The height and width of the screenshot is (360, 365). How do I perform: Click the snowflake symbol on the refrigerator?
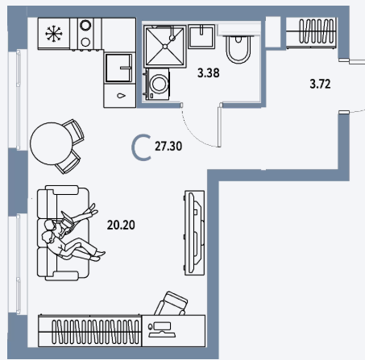point(54,34)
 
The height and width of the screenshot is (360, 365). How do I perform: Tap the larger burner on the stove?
point(85,26)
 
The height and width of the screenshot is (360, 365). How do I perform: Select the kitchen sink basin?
point(118,68)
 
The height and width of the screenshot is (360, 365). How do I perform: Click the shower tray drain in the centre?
point(165,47)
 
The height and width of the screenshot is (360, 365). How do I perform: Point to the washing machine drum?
point(160,84)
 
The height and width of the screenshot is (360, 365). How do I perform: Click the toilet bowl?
point(238,49)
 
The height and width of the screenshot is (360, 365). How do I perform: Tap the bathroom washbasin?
point(201,36)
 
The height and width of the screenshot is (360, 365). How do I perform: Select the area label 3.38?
point(208,72)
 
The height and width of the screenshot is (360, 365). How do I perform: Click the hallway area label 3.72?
point(320,84)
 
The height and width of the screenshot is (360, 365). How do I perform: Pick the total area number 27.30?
point(168,147)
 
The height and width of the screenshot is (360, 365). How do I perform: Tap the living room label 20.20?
point(121,225)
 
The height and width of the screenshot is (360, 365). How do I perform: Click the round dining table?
point(51,143)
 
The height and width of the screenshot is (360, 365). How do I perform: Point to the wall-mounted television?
point(194,233)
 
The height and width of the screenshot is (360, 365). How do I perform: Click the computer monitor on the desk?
point(163,327)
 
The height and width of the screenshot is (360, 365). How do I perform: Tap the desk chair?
point(172,304)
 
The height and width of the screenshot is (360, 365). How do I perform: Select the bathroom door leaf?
point(220,125)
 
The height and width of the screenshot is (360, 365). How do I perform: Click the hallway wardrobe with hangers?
point(311,32)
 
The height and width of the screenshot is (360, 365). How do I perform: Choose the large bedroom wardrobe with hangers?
point(89,331)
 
